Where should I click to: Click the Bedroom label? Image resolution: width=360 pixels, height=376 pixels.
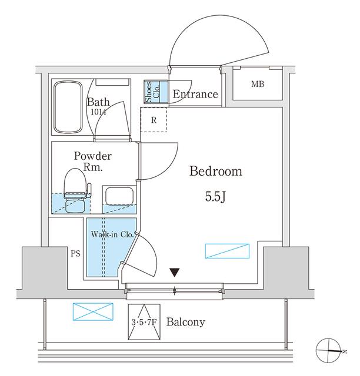pyautogui.click(x=216, y=172)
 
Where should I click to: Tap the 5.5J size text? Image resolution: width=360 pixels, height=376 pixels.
pyautogui.click(x=216, y=197)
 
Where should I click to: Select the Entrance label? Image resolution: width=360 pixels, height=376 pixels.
pyautogui.click(x=195, y=95)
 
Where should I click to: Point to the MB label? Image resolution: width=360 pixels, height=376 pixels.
pyautogui.click(x=258, y=85)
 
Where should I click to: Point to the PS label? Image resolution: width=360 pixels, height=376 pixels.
pyautogui.click(x=75, y=254)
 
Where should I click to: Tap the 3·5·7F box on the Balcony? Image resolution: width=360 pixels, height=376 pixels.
pyautogui.click(x=144, y=322)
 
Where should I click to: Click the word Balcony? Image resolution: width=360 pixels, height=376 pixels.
pyautogui.click(x=185, y=322)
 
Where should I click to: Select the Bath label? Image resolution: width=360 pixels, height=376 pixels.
pyautogui.click(x=98, y=100)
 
